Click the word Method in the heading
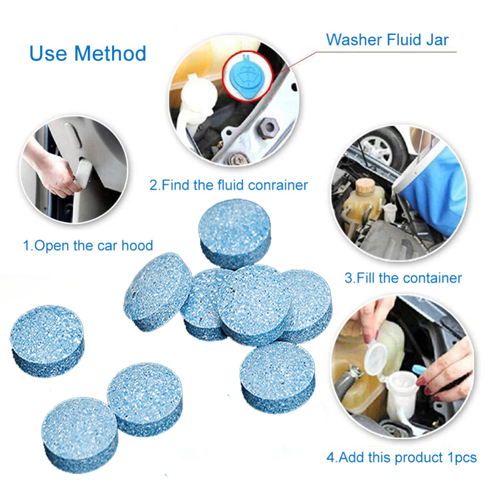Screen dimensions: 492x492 point(111,53)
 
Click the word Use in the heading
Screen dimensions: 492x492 point(48,53)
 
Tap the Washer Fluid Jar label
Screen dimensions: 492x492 point(387,40)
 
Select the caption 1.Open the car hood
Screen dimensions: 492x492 point(87,245)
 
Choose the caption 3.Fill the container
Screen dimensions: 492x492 point(403,277)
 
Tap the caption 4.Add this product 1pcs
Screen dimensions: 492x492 point(401,458)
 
